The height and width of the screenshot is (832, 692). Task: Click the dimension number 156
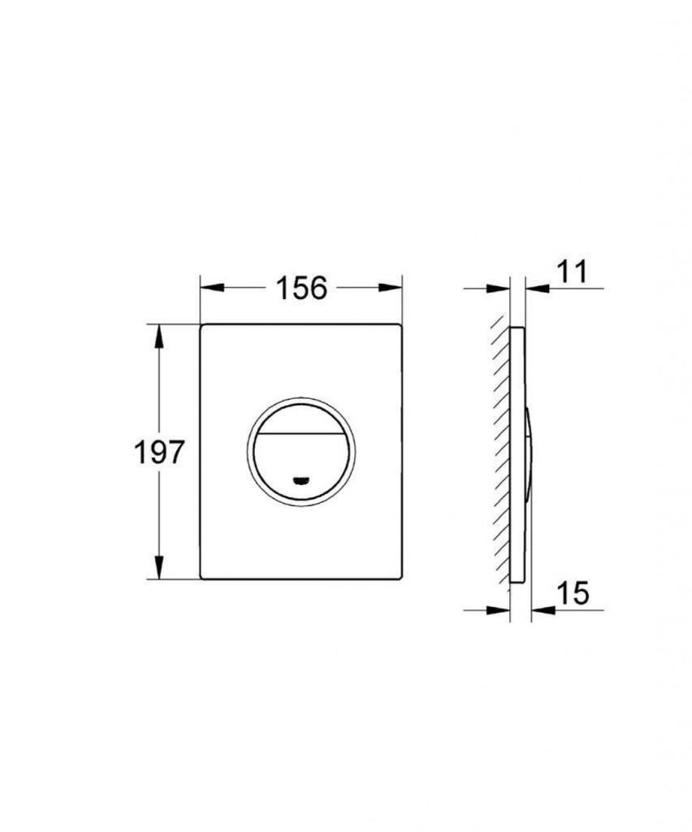[x=301, y=288]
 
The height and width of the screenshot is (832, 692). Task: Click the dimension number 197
[x=160, y=452]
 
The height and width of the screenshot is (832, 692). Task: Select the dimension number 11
[x=572, y=272]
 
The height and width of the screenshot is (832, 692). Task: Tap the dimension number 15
[x=573, y=594]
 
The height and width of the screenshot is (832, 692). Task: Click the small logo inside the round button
[x=301, y=479]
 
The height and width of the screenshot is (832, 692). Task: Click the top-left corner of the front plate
[x=203, y=327]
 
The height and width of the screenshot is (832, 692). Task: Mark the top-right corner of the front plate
[x=400, y=327]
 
